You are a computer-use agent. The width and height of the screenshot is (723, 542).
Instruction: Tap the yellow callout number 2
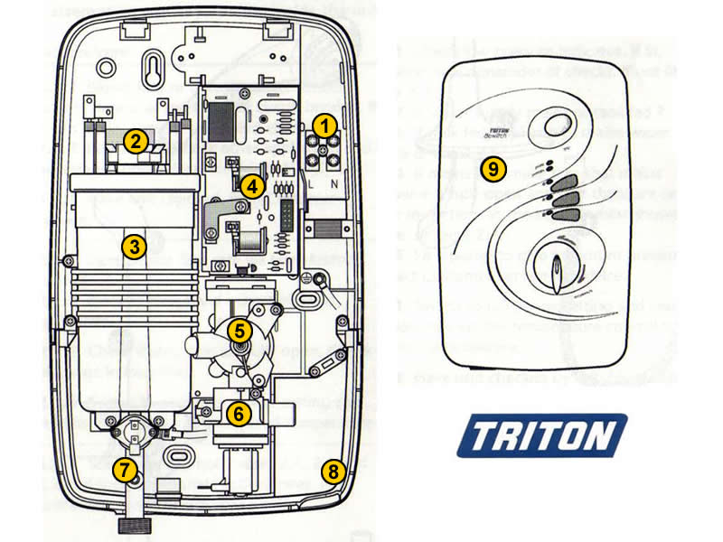coord(135,140)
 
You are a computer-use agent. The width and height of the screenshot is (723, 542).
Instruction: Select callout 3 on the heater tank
coord(134,245)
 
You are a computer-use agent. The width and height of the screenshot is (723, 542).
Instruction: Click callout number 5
coord(239,331)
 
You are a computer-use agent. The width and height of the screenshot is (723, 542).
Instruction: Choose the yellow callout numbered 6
coord(238,415)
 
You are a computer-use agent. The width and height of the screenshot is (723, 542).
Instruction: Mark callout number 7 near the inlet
coord(126,469)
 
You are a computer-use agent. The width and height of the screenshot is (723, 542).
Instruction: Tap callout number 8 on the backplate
coord(333,470)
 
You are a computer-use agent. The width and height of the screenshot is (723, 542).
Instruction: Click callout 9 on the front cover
coord(492,168)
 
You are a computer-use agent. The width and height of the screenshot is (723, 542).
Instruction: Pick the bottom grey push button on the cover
coord(563,215)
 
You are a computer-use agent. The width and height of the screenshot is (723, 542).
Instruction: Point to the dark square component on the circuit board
coord(221,117)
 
